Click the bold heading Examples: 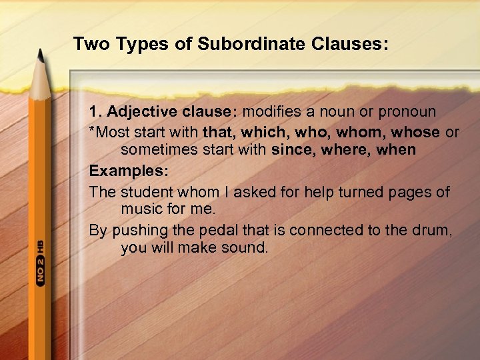pos(129,171)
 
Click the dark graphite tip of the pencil pos(42,58)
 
